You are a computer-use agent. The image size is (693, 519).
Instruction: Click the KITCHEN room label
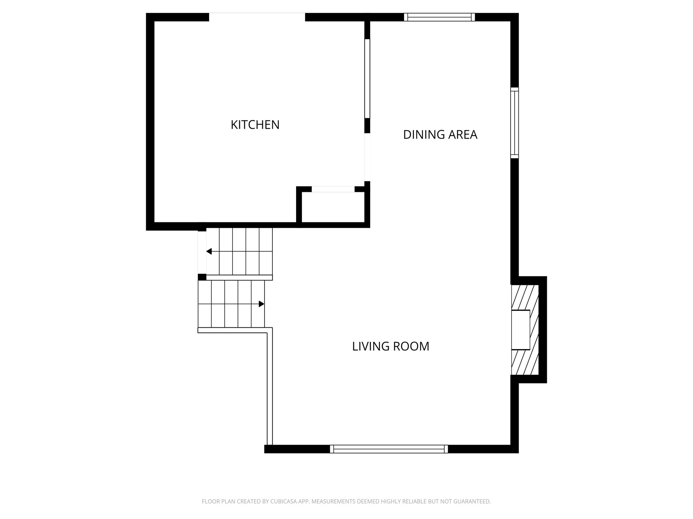coord(255,125)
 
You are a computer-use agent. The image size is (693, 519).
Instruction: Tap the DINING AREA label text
coord(440,135)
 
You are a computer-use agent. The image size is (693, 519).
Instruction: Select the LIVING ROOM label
coord(390,347)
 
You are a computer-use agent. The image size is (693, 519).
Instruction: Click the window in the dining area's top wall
coord(439,17)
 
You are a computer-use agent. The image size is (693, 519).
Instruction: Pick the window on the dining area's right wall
coord(514,123)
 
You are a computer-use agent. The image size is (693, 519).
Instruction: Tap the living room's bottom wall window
coord(389,449)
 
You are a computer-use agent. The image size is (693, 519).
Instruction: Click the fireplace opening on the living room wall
coord(520,330)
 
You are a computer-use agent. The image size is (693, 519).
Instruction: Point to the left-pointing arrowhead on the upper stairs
coord(209,251)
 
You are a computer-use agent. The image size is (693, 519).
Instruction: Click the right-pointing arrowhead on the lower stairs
coord(261,304)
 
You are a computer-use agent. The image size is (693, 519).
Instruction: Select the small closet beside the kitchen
coord(333,207)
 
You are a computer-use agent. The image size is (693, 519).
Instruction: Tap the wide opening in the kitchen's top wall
coord(257,17)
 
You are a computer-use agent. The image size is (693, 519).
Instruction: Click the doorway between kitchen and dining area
coord(367,157)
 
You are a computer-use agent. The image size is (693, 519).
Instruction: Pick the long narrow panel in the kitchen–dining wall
coord(367,78)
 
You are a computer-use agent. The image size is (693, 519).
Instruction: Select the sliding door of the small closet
coord(333,190)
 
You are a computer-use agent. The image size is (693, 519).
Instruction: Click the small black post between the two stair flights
coord(202,277)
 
